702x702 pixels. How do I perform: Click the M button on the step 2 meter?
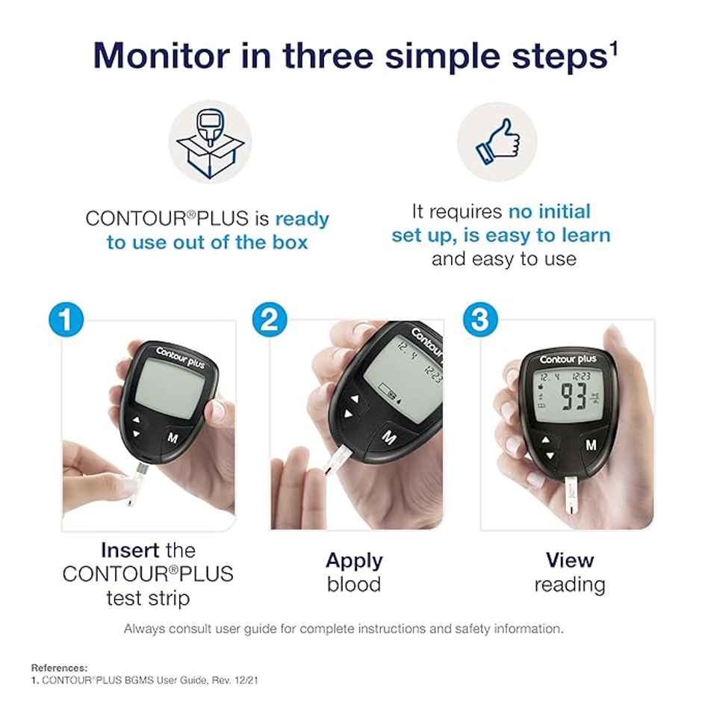pos(389,436)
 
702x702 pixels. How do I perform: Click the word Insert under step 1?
pos(130,550)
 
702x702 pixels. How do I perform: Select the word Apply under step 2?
pos(354,560)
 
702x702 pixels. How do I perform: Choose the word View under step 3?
pos(569,560)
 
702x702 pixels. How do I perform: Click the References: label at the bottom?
pos(59,668)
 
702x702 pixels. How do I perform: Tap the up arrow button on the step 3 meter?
pos(546,441)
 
